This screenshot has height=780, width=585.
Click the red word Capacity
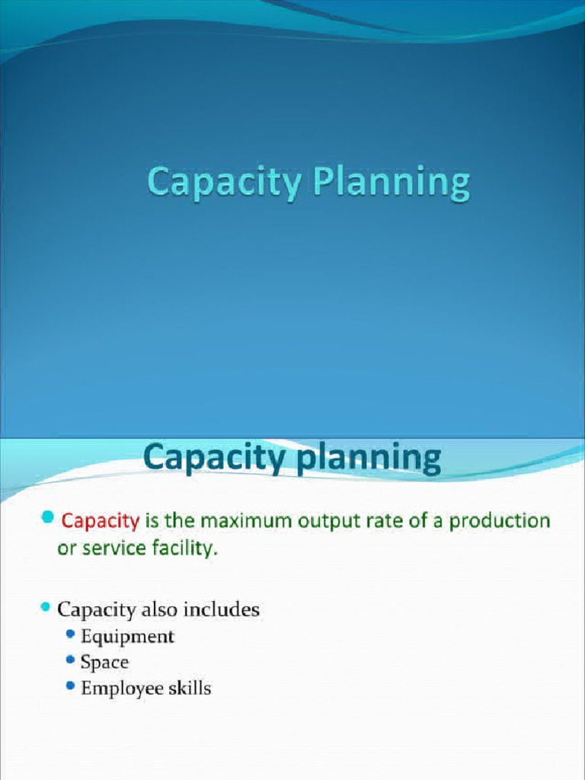point(101,522)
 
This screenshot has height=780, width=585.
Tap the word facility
point(190,548)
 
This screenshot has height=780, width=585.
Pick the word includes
point(225,609)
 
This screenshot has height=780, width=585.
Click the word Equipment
point(127,636)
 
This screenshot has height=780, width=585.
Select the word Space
point(104,662)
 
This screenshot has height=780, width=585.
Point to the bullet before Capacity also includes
point(45,608)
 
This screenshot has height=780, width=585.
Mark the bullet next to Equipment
point(71,635)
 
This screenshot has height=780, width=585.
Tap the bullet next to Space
point(71,660)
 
